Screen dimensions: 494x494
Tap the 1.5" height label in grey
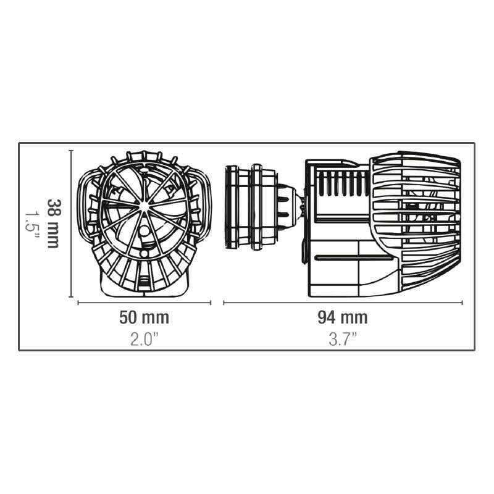33,223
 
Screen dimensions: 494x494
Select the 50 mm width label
143,318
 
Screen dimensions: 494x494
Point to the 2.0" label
143,338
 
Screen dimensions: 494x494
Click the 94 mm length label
343,318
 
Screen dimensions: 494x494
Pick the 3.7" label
343,338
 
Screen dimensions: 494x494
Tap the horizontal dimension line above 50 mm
144,303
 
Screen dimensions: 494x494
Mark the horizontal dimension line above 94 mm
343,303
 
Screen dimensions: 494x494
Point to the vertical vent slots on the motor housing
340,184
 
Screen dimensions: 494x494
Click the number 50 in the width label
128,318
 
